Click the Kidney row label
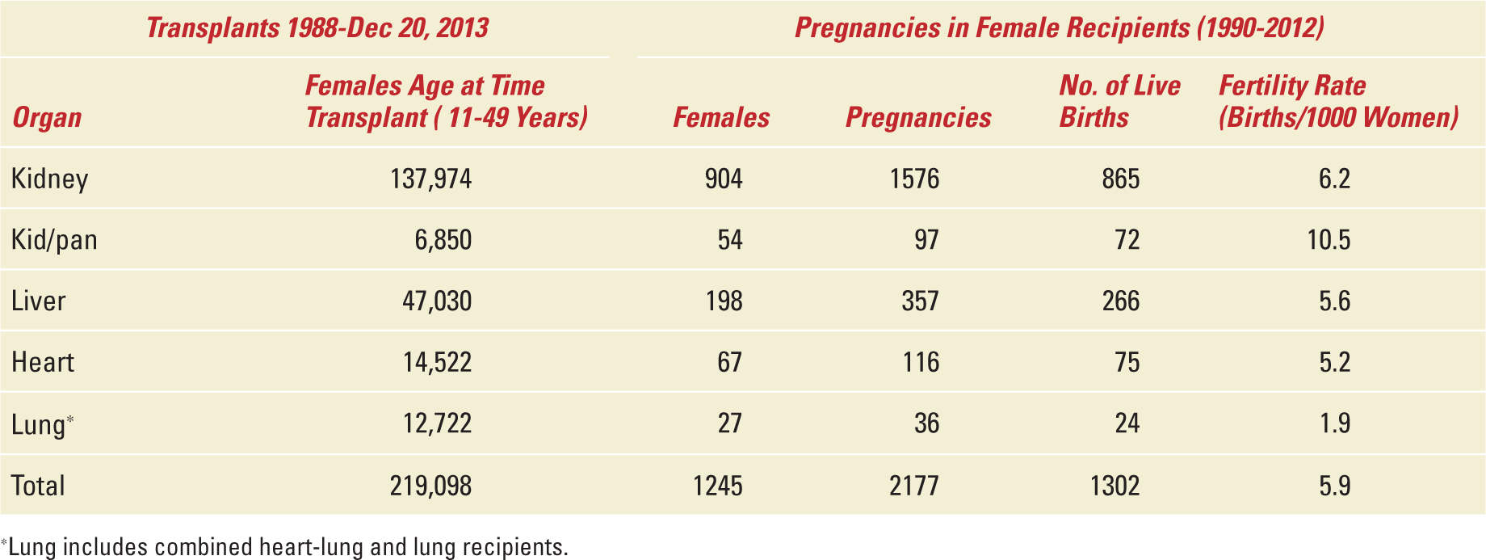49,179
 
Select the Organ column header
47,118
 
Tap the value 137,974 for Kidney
430,179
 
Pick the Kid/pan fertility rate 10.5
1329,240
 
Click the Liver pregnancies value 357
920,301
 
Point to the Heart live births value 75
1127,362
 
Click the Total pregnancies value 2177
913,486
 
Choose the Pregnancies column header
918,118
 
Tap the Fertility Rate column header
1338,102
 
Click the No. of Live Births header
1119,102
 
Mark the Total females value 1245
717,486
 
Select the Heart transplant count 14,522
437,362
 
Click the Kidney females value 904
723,179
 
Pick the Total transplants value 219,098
430,486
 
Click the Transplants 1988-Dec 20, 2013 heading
317,28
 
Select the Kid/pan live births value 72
1127,240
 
